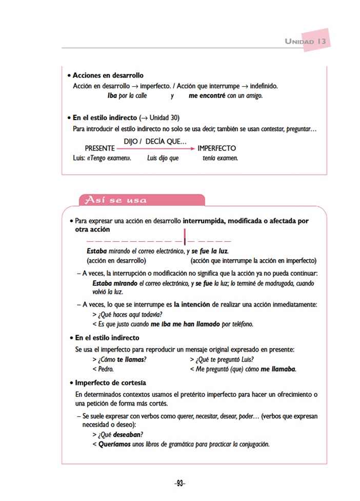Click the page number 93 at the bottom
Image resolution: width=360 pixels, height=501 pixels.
pyautogui.click(x=179, y=484)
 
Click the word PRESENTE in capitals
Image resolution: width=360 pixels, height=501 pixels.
pyautogui.click(x=99, y=148)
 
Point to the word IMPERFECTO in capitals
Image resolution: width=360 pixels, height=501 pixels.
pyautogui.click(x=216, y=148)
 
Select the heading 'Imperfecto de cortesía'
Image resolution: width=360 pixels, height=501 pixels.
pyautogui.click(x=110, y=383)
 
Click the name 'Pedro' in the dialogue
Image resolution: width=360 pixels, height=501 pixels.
pyautogui.click(x=105, y=369)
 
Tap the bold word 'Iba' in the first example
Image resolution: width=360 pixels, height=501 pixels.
pyautogui.click(x=112, y=95)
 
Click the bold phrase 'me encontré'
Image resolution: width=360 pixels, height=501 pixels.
pyautogui.click(x=207, y=95)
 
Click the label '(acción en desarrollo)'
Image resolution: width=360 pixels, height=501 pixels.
pyautogui.click(x=116, y=260)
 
